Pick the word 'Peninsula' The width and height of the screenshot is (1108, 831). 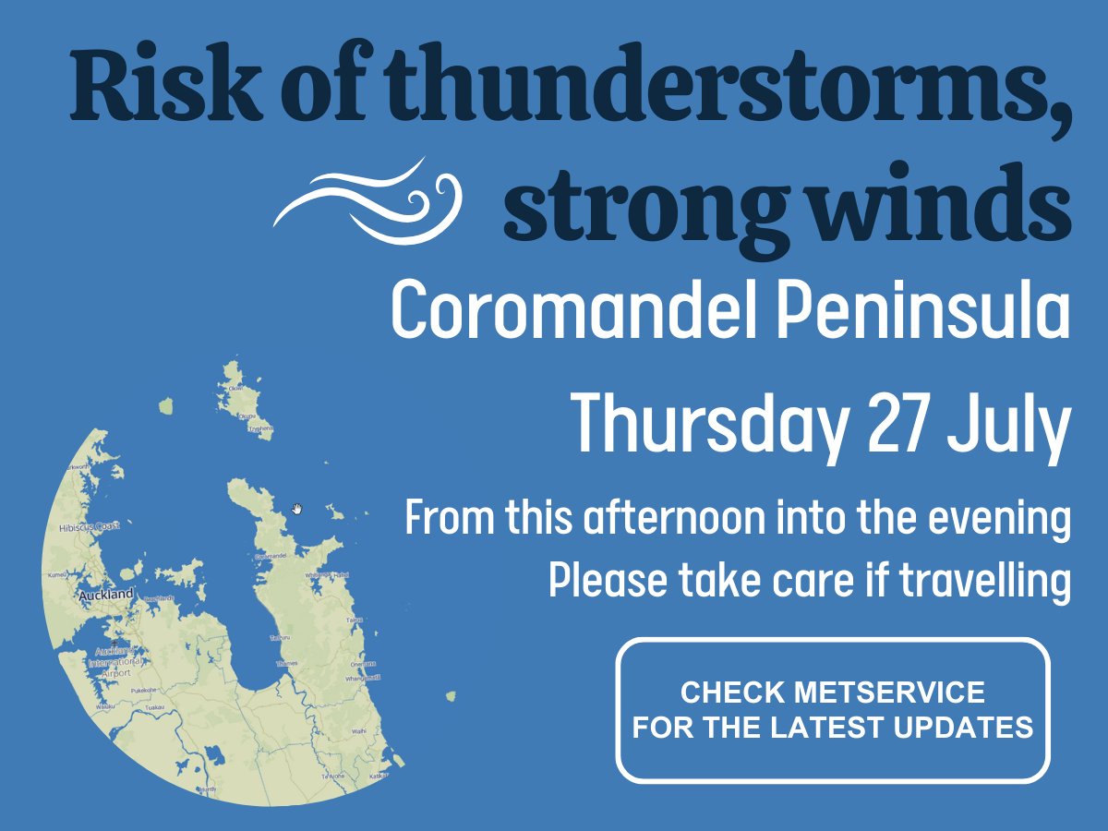[x=923, y=314]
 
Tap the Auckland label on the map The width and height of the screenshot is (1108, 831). [x=105, y=596]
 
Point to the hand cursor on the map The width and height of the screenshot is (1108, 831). [x=297, y=509]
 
